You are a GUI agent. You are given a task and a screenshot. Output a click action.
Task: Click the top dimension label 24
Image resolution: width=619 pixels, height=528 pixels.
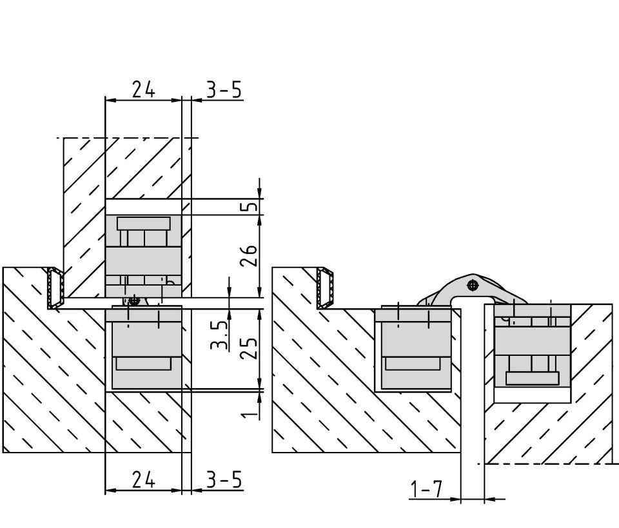pyautogui.click(x=144, y=89)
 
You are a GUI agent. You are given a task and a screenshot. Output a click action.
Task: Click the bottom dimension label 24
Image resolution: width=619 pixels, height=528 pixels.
pyautogui.click(x=144, y=480)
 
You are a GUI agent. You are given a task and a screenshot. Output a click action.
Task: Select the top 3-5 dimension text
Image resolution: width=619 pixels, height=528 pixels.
pyautogui.click(x=224, y=90)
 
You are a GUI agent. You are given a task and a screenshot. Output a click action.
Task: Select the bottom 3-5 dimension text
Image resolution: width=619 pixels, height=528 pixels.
pyautogui.click(x=224, y=480)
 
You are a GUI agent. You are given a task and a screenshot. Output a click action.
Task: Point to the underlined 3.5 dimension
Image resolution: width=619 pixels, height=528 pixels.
pyautogui.click(x=219, y=335)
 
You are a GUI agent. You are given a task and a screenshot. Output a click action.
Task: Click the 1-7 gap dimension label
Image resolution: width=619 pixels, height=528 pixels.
pyautogui.click(x=427, y=489)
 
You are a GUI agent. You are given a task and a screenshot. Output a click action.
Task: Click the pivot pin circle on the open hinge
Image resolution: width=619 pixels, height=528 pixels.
pyautogui.click(x=472, y=286)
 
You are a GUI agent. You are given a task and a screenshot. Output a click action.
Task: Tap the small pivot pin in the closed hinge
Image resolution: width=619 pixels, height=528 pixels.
pyautogui.click(x=135, y=300)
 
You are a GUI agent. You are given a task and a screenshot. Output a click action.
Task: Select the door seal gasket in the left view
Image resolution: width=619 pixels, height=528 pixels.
pyautogui.click(x=55, y=288)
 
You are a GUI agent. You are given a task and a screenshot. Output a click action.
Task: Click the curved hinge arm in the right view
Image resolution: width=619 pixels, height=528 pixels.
pyautogui.click(x=472, y=289)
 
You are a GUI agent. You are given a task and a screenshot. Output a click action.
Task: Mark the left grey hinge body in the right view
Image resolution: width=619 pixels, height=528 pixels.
pyautogui.click(x=413, y=349)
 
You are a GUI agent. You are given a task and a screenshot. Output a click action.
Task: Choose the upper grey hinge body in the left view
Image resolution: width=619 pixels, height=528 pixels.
pyautogui.click(x=143, y=256)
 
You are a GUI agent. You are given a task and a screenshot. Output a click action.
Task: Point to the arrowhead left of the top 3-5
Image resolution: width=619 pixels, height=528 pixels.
pyautogui.click(x=197, y=100)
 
